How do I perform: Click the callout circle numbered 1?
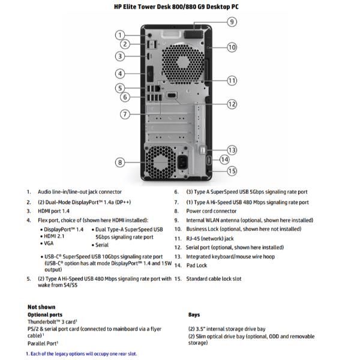click(120, 34)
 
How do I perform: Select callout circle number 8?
click(120, 161)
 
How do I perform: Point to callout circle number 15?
click(232, 170)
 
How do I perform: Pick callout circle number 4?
click(120, 73)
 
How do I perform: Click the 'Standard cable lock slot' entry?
click(213, 278)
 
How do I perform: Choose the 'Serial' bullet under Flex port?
click(101, 245)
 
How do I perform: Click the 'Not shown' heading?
click(41, 307)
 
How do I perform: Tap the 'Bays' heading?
click(194, 314)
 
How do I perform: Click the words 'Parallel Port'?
click(42, 343)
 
